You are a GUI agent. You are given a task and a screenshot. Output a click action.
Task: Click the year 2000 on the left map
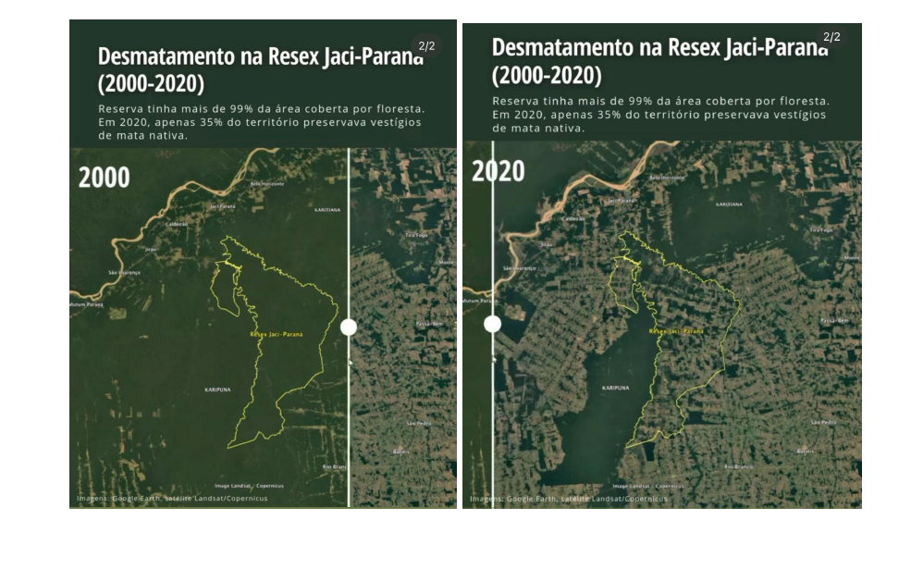pyautogui.click(x=104, y=177)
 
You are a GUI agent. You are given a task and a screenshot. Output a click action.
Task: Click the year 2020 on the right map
pyautogui.click(x=498, y=171)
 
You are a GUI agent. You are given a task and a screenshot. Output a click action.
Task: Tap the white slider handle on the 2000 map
pyautogui.click(x=349, y=327)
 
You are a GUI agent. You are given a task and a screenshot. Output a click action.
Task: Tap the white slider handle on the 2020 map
pyautogui.click(x=492, y=324)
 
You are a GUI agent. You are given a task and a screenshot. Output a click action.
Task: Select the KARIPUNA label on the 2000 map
pyautogui.click(x=217, y=390)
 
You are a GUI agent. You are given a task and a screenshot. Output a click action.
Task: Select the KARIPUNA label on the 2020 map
pyautogui.click(x=615, y=388)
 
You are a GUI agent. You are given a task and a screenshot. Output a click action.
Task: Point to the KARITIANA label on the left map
pyautogui.click(x=327, y=210)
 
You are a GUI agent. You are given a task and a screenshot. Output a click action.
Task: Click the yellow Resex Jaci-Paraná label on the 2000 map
pyautogui.click(x=277, y=334)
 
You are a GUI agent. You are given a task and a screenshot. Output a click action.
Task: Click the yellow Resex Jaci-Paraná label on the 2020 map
pyautogui.click(x=676, y=330)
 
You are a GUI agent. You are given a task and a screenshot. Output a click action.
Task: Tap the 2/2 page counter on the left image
pyautogui.click(x=426, y=45)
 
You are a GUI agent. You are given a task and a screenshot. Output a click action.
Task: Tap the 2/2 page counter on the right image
pyautogui.click(x=831, y=37)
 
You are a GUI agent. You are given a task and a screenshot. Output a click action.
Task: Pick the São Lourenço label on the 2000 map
pyautogui.click(x=124, y=273)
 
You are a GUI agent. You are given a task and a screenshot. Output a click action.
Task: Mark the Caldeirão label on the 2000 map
pyautogui.click(x=177, y=224)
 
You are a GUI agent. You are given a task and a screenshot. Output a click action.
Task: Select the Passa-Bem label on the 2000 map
pyautogui.click(x=431, y=324)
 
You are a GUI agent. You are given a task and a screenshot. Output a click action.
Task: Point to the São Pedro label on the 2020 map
pyautogui.click(x=823, y=423)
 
